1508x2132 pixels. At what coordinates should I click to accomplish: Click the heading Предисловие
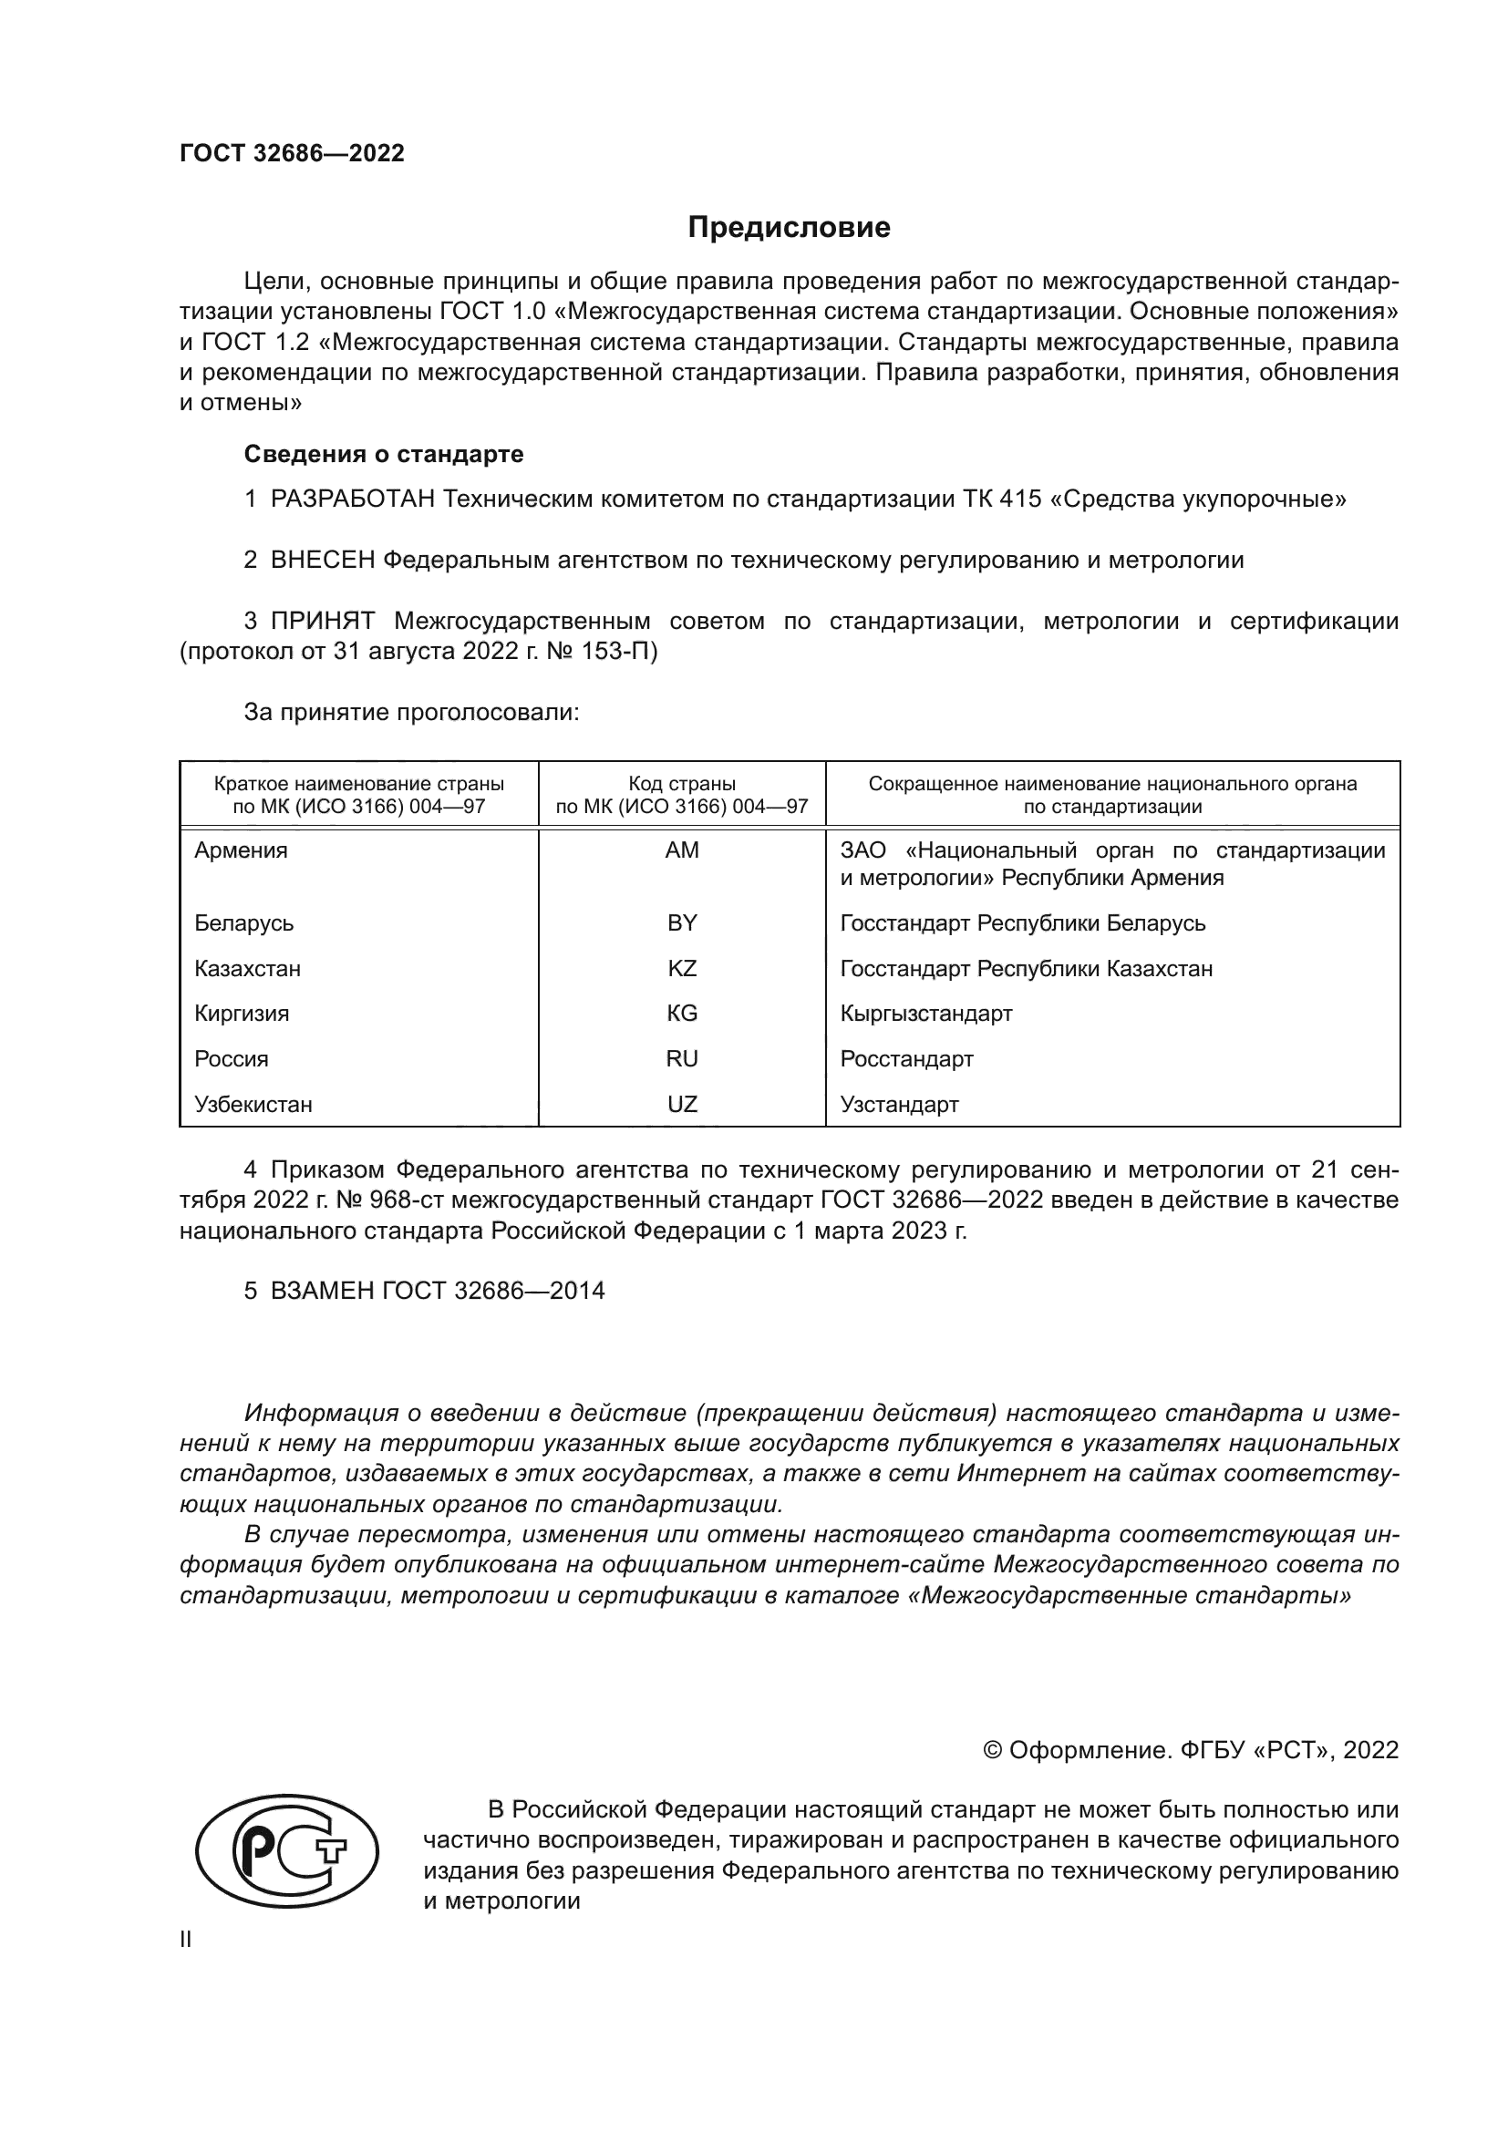point(789,228)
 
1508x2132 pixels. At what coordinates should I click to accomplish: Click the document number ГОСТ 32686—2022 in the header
point(292,153)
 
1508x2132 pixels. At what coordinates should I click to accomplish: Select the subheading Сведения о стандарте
point(384,454)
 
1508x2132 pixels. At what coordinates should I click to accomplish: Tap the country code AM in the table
point(682,850)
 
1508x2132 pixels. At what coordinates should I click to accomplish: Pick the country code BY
point(682,923)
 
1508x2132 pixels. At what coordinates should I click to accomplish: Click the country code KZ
point(682,969)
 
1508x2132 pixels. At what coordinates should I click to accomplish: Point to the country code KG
point(682,1013)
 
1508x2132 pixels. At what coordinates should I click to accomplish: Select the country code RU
point(682,1058)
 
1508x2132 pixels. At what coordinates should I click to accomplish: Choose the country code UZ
point(682,1104)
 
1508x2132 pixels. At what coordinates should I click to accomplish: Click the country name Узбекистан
point(253,1104)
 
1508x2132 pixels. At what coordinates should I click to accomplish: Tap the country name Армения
point(241,850)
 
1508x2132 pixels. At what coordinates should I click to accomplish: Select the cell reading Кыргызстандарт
point(925,1013)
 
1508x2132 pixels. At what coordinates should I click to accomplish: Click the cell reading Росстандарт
point(906,1058)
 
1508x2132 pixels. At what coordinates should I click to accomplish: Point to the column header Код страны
point(682,784)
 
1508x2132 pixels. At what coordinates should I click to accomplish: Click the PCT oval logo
point(287,1850)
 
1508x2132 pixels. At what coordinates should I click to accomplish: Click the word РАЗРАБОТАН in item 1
point(353,500)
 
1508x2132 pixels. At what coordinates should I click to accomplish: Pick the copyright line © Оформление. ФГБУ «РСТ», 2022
point(1191,1750)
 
